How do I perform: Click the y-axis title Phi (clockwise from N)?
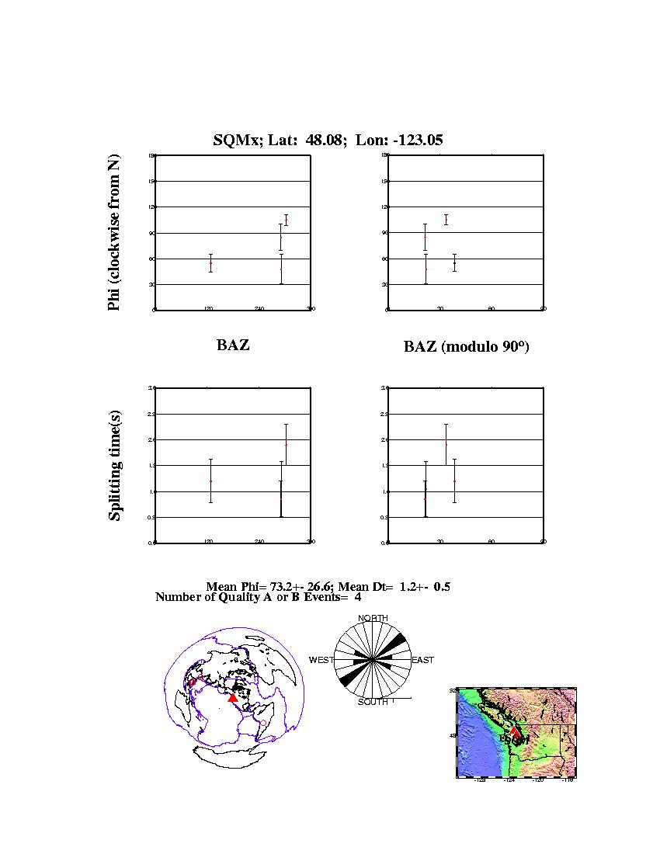114,233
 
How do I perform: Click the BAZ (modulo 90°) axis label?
466,347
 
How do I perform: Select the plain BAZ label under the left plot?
233,345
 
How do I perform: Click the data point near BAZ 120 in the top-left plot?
210,263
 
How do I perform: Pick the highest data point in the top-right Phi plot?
446,220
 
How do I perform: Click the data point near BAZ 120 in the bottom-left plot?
210,481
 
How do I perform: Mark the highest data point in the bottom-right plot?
446,444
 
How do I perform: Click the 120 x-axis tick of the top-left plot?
208,309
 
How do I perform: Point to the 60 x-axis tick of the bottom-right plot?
492,542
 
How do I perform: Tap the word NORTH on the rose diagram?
373,618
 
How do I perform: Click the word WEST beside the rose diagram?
321,660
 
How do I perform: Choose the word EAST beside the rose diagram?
422,660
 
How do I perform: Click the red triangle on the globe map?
232,698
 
